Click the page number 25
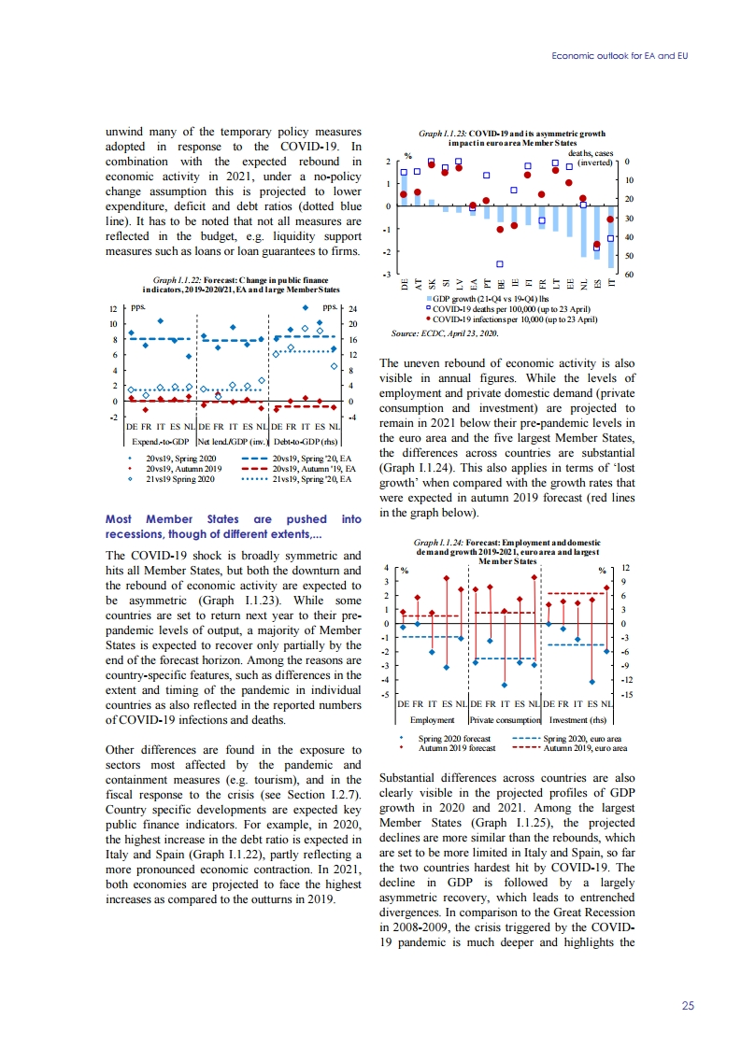[x=688, y=1005]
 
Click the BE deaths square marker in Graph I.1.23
[x=501, y=264]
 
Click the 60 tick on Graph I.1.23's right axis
[x=627, y=275]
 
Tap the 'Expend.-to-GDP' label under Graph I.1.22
[x=160, y=440]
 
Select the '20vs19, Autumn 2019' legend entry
[x=182, y=468]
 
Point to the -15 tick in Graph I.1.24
[x=627, y=695]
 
